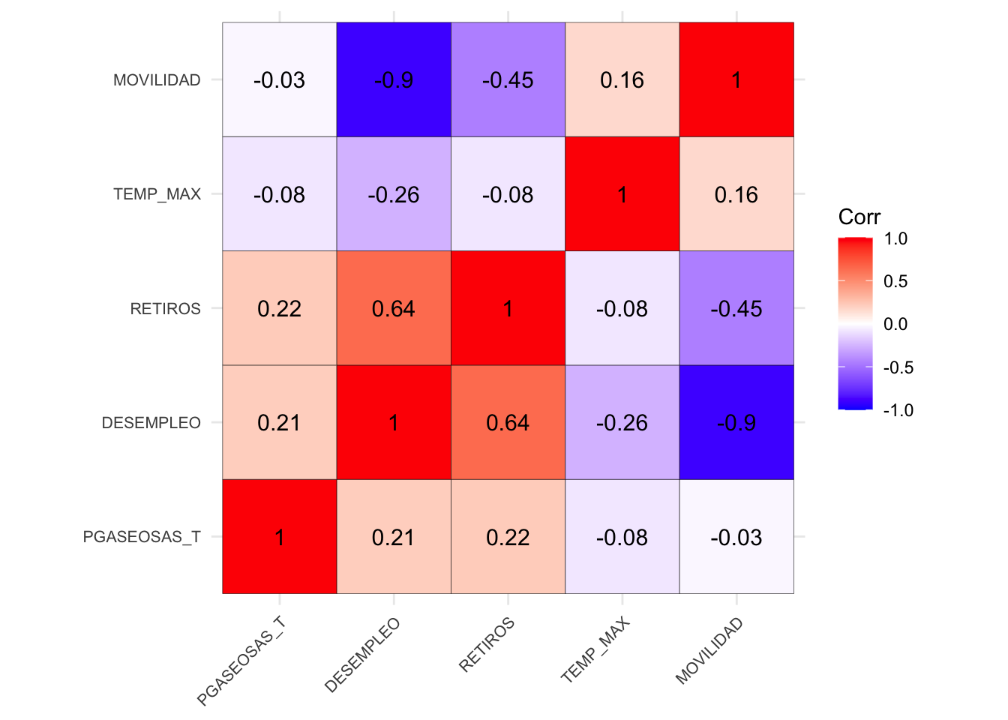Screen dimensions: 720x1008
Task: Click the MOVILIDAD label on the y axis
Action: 157,80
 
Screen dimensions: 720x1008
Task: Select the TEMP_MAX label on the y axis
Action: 157,194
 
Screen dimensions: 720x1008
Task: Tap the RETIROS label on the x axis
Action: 487,645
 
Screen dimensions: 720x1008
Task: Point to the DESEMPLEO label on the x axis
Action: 363,655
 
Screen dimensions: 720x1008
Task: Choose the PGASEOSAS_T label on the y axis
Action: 142,537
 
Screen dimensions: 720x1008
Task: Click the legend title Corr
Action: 859,217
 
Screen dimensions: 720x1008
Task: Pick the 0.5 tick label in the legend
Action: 895,281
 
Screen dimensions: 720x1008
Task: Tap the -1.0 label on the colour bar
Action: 898,410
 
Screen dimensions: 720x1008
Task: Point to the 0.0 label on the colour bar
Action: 895,324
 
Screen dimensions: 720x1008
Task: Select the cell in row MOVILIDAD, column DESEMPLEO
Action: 394,79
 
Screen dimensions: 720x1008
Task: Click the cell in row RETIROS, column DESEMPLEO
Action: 394,308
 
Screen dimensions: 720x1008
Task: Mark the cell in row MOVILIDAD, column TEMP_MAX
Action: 622,79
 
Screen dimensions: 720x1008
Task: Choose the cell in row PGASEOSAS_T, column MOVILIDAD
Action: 736,537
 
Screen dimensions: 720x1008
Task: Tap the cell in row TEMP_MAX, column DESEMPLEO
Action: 394,194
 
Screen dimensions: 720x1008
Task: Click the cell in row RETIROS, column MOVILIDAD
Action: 736,308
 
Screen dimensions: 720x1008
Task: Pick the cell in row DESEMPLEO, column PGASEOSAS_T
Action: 280,422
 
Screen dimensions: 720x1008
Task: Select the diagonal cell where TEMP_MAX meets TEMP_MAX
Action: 622,194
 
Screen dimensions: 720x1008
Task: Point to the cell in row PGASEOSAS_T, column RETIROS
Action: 508,537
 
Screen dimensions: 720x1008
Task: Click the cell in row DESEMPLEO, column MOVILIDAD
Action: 736,422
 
